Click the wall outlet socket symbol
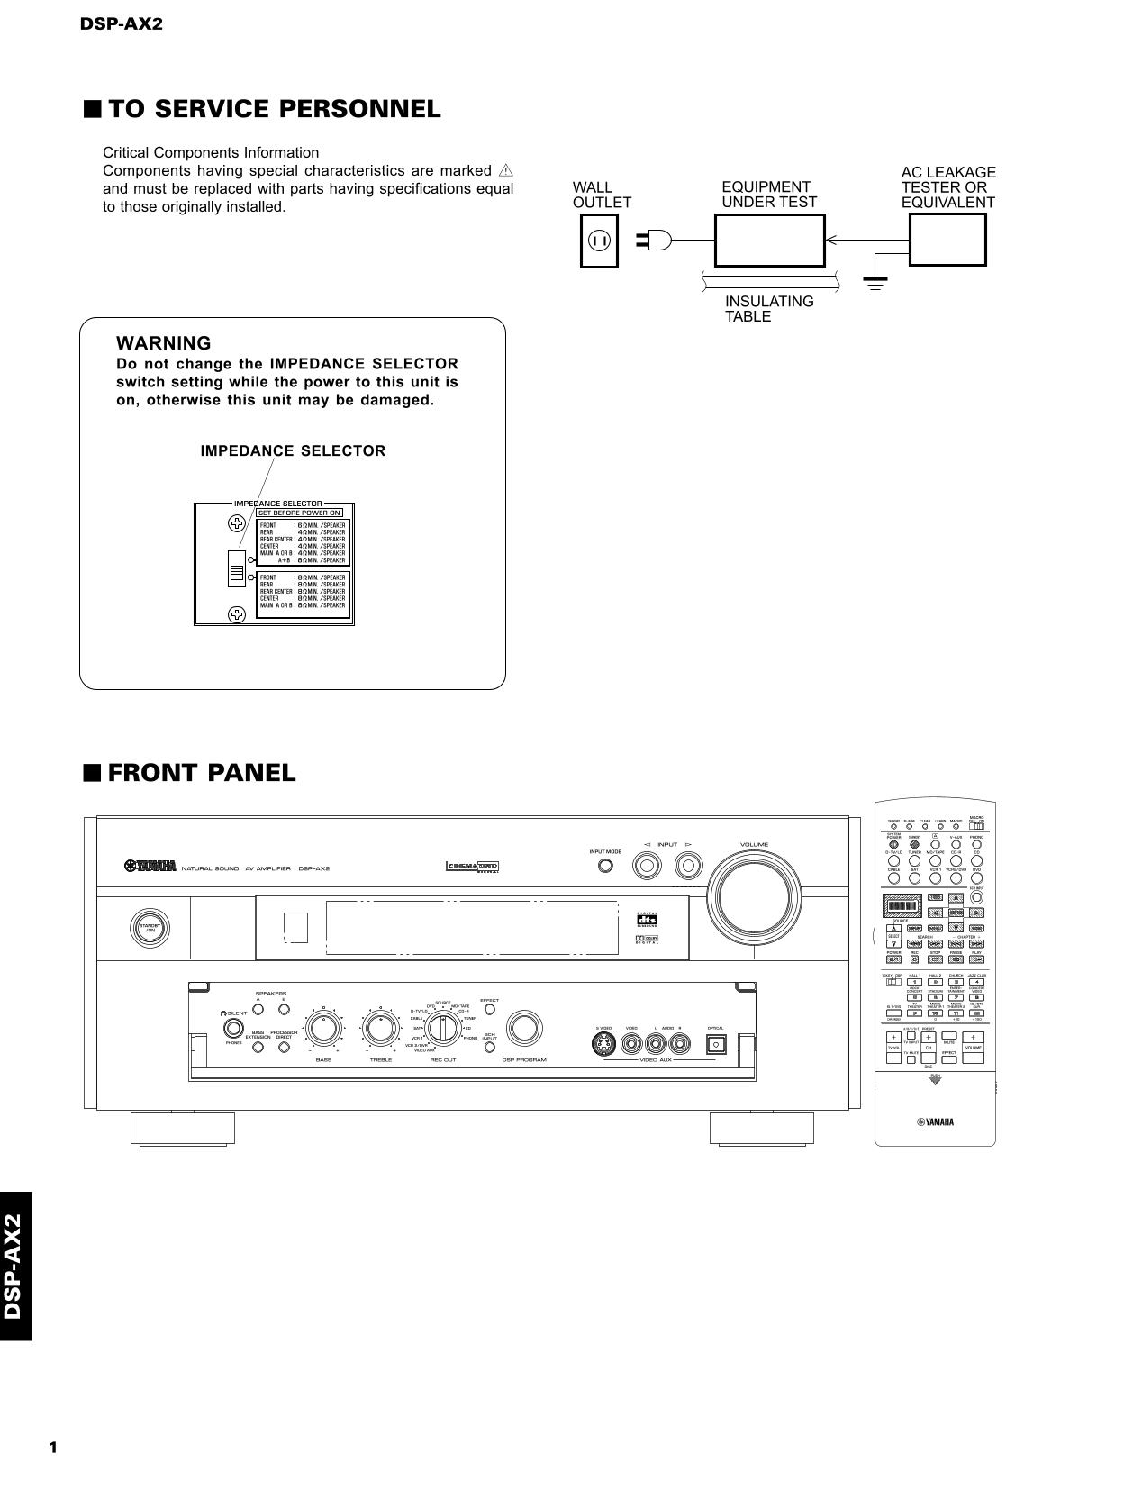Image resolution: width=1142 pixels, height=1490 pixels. tap(599, 241)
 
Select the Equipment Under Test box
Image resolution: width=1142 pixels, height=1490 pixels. tap(770, 241)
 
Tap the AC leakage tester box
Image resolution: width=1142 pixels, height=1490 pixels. tap(947, 241)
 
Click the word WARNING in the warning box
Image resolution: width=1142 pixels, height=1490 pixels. tap(164, 343)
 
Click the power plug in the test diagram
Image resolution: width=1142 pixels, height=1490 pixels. tap(655, 241)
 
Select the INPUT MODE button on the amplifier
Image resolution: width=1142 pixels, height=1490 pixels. tap(606, 867)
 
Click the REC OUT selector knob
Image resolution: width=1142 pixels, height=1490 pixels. tap(442, 1029)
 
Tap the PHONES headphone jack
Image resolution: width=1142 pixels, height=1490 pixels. tap(234, 1030)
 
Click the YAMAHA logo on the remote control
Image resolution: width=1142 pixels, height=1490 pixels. tap(935, 1122)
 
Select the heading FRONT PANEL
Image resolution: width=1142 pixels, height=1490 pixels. tap(201, 773)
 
